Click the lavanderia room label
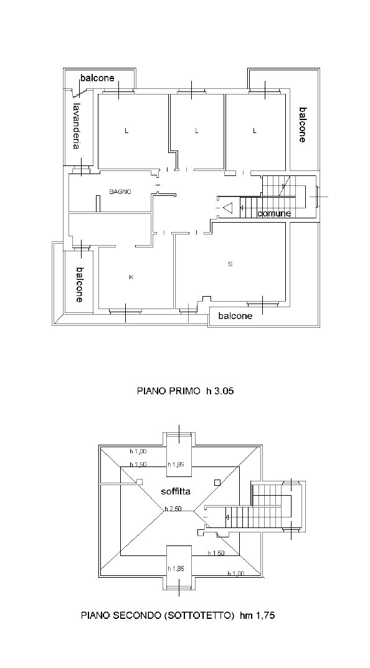click(77, 126)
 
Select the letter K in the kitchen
click(131, 277)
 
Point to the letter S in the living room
click(230, 264)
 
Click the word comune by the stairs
click(274, 213)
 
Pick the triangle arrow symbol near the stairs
click(228, 208)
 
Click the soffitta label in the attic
click(176, 491)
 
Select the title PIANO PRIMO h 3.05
click(185, 390)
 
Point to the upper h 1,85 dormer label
click(176, 465)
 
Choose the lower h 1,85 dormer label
click(176, 568)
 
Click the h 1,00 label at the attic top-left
click(138, 451)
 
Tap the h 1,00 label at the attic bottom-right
click(235, 573)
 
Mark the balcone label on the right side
click(302, 124)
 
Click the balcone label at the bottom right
click(235, 316)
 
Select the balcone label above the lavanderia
click(97, 78)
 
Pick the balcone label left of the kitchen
click(79, 285)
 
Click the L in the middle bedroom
click(197, 131)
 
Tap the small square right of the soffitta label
click(217, 482)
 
